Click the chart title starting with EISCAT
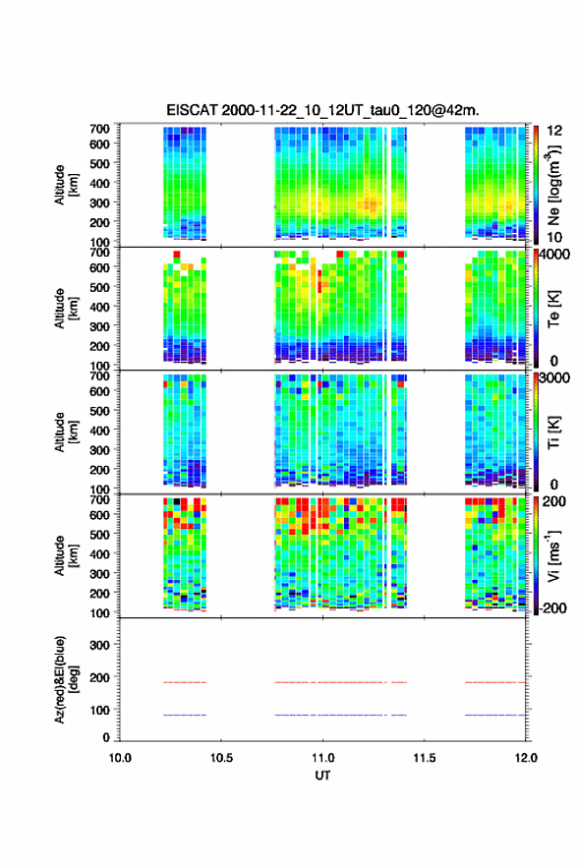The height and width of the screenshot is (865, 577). click(322, 110)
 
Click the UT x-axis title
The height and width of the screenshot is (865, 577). click(322, 776)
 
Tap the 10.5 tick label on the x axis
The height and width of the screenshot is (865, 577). click(221, 758)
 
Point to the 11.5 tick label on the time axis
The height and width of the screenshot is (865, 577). click(425, 758)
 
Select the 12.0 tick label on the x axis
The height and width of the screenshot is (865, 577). click(526, 758)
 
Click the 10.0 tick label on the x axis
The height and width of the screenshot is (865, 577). click(120, 758)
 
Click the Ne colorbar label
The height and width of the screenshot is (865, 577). click(553, 186)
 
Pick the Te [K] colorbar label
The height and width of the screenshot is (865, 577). click(553, 309)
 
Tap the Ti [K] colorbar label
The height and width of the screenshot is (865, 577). click(553, 432)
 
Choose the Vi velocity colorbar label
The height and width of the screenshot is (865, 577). click(553, 555)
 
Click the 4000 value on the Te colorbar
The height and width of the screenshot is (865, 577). click(553, 255)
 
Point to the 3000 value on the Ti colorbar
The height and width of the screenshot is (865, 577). click(553, 378)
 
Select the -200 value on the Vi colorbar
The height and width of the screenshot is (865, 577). click(553, 607)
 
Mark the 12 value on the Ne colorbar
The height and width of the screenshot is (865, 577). click(553, 131)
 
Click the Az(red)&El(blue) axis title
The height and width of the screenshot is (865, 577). click(64, 679)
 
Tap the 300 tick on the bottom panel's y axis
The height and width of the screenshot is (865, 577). click(100, 645)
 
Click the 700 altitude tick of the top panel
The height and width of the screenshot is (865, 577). click(100, 129)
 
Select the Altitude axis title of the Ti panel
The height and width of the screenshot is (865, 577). click(65, 432)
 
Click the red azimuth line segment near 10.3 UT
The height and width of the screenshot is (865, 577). click(185, 682)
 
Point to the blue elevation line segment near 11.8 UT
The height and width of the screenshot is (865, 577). click(495, 715)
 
